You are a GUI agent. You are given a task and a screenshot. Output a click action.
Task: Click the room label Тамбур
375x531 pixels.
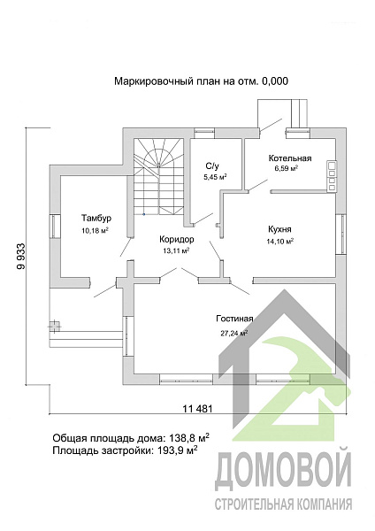pyautogui.click(x=96, y=218)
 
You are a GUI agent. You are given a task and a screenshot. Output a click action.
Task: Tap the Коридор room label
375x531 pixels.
pyautogui.click(x=177, y=240)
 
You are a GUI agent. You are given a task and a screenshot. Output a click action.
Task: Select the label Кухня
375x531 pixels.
pyautogui.click(x=279, y=229)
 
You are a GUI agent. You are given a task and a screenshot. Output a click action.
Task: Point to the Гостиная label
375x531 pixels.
pyautogui.click(x=234, y=319)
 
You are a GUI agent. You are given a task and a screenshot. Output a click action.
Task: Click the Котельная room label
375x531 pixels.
pyautogui.click(x=290, y=158)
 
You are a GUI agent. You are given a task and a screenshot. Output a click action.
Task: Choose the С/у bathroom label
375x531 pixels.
pyautogui.click(x=212, y=166)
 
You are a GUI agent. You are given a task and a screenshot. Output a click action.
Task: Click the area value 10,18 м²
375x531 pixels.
pyautogui.click(x=95, y=231)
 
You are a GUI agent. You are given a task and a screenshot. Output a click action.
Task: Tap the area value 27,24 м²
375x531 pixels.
pyautogui.click(x=234, y=333)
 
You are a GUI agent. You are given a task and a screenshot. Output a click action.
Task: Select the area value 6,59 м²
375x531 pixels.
pyautogui.click(x=286, y=168)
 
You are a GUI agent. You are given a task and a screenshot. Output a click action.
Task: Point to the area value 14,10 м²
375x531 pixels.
pyautogui.click(x=279, y=241)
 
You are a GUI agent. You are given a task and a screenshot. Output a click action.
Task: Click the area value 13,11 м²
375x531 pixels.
pyautogui.click(x=175, y=250)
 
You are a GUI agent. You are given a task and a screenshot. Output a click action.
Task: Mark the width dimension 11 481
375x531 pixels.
pyautogui.click(x=197, y=409)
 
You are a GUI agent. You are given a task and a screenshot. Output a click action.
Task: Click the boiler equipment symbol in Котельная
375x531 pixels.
pyautogui.click(x=332, y=176)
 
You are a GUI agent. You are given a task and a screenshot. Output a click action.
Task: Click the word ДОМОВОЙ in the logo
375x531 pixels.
pyautogui.click(x=283, y=469)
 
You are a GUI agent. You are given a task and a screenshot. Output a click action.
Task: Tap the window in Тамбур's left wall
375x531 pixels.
pyautogui.click(x=55, y=227)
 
